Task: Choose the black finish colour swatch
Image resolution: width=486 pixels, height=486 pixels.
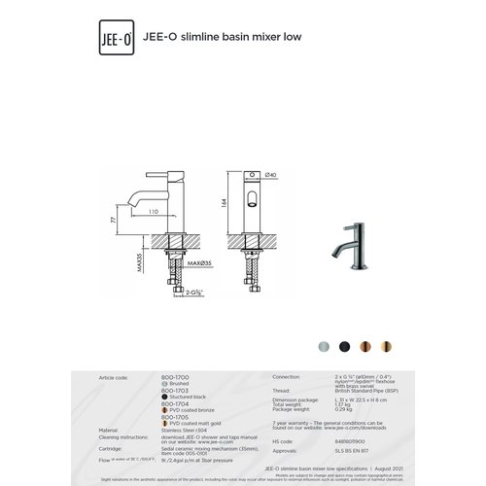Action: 345,346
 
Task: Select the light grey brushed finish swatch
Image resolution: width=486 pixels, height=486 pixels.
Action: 324,346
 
